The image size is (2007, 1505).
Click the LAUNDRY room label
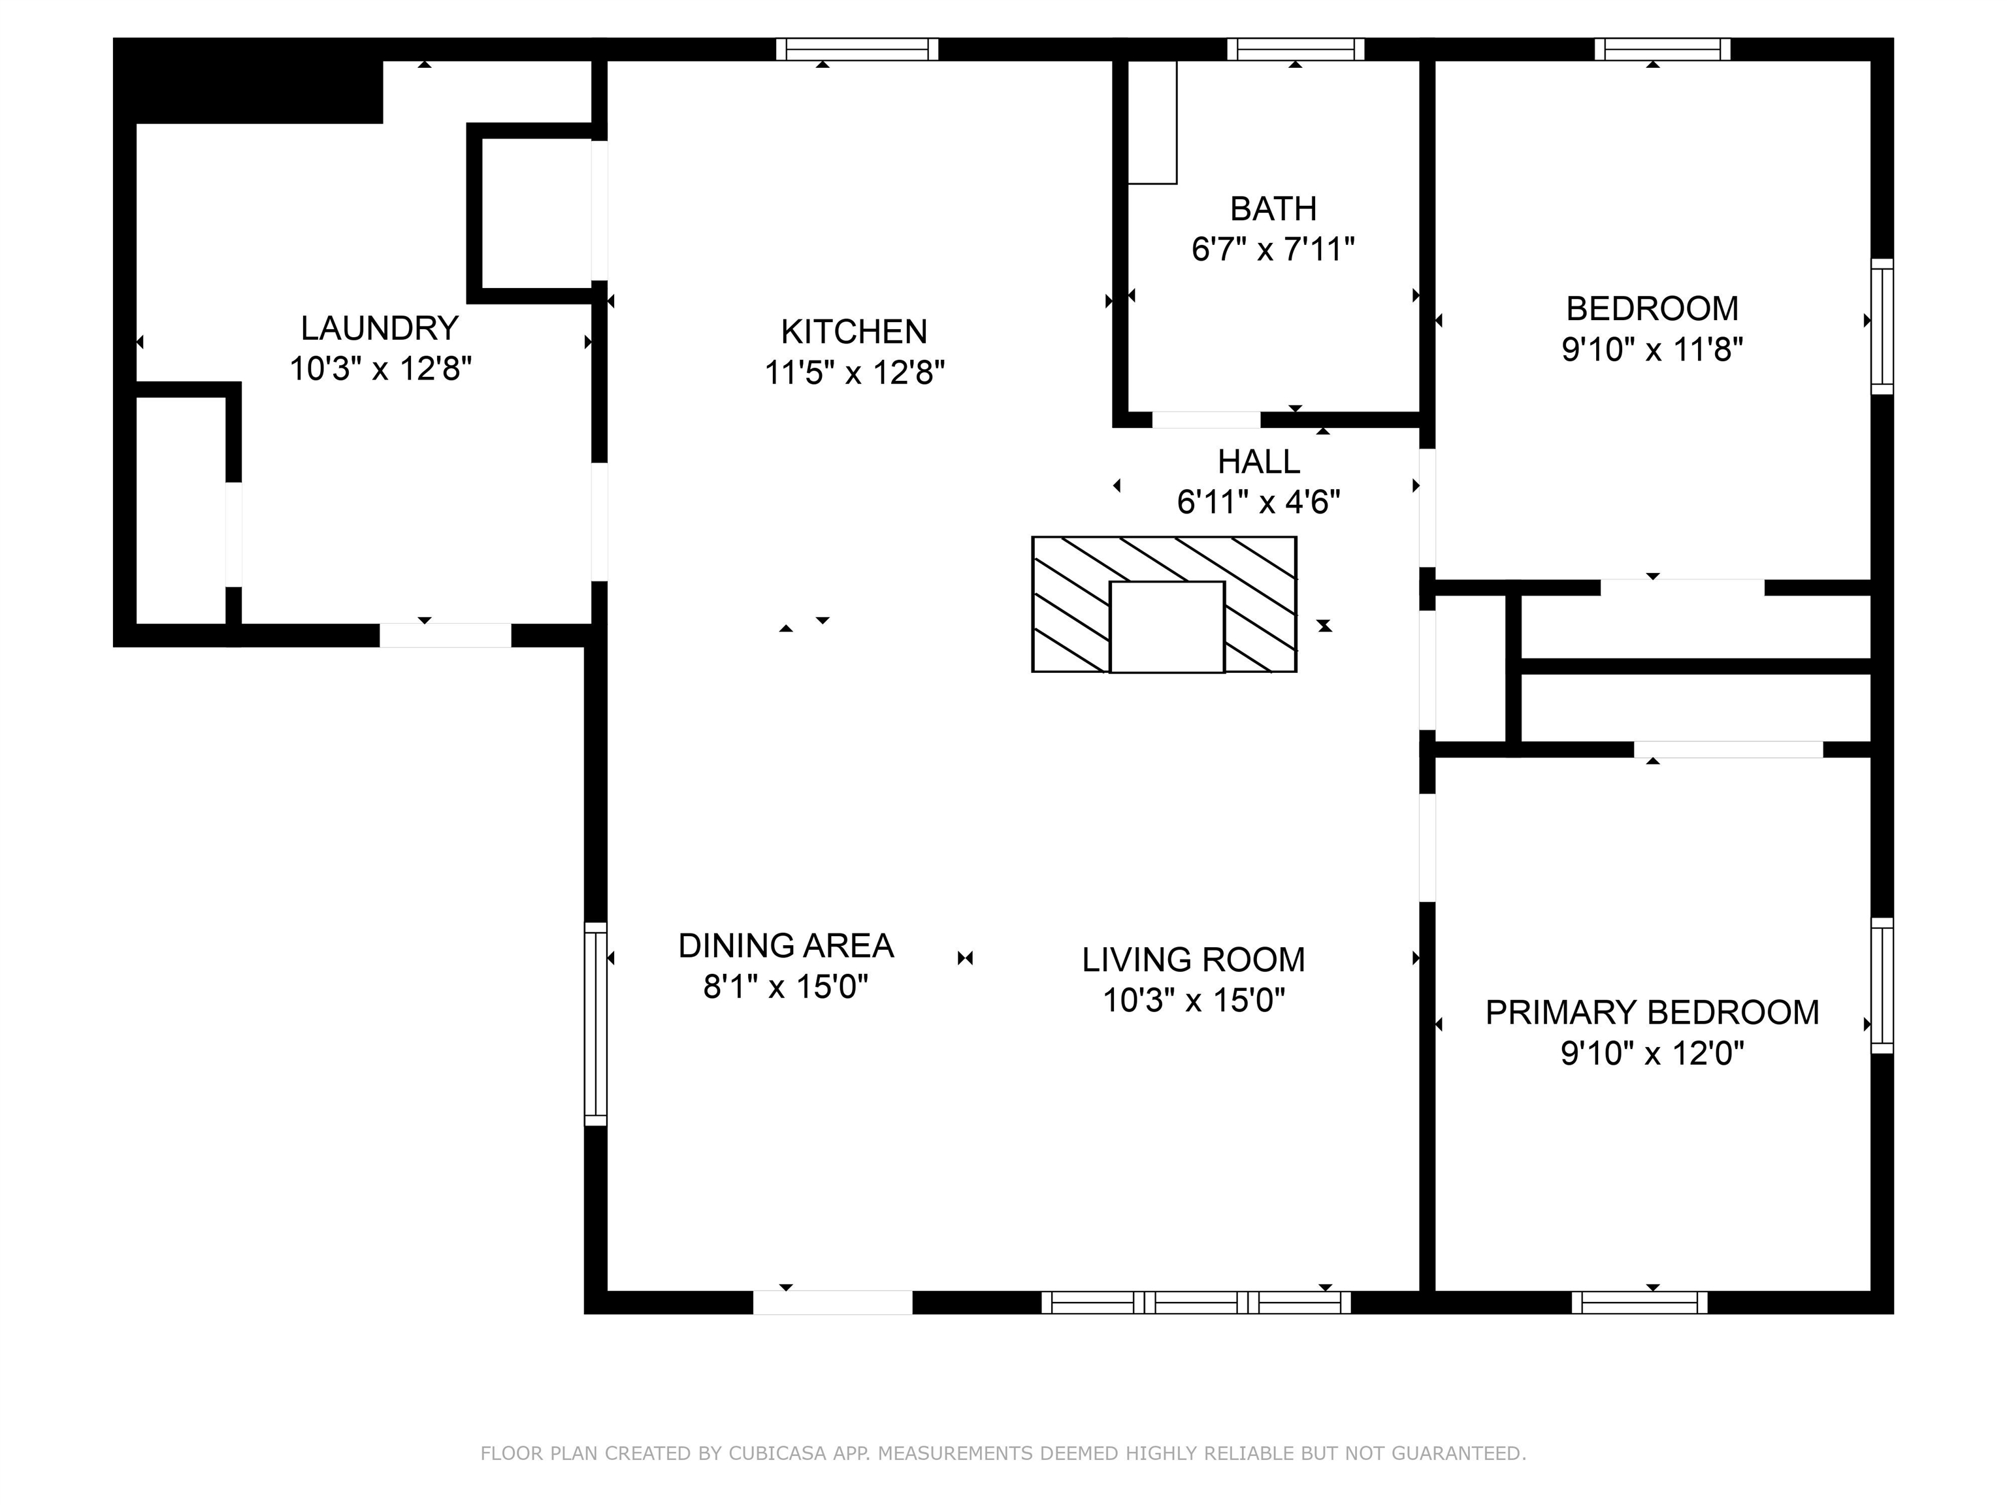(x=380, y=327)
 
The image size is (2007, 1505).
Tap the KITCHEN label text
(x=854, y=332)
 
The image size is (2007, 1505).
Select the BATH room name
(x=1273, y=208)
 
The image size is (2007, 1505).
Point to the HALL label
(x=1258, y=462)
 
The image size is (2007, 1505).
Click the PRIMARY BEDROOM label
(x=1652, y=1012)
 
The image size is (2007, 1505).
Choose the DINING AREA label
(x=786, y=947)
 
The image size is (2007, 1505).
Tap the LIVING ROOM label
(x=1193, y=960)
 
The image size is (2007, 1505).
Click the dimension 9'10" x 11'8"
(x=1652, y=349)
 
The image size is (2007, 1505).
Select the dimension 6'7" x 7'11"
(x=1273, y=249)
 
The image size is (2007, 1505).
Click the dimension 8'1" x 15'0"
(x=786, y=986)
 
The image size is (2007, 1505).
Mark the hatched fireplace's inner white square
(x=1167, y=627)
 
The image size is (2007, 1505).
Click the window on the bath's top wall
(x=1296, y=49)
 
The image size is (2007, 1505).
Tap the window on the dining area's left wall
(x=595, y=1024)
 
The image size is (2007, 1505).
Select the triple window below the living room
(x=1196, y=1303)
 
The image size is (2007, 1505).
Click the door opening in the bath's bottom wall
(x=1206, y=420)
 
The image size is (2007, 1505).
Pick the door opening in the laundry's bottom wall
(x=446, y=635)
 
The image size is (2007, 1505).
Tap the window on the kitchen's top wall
(x=857, y=49)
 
